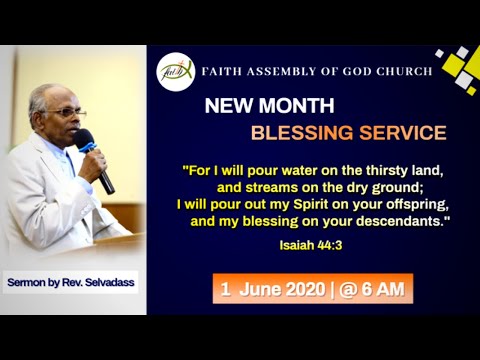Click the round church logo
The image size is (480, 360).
[x=175, y=71]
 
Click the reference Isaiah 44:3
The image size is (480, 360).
[x=413, y=241]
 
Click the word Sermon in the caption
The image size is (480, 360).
[x=28, y=284]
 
